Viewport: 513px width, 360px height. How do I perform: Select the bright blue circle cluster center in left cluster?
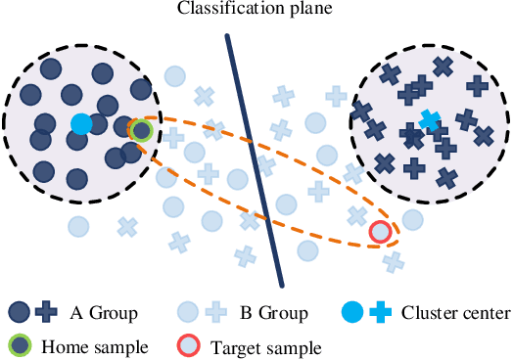tap(81, 124)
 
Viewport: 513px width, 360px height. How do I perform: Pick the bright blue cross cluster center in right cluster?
tap(428, 119)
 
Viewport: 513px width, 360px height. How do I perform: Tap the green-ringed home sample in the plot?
tap(141, 129)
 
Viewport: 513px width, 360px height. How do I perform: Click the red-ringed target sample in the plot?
tap(380, 232)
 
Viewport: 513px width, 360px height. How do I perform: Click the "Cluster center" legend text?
tap(460, 314)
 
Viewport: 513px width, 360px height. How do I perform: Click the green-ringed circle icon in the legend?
tap(19, 344)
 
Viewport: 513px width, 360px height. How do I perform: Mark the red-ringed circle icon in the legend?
tap(188, 344)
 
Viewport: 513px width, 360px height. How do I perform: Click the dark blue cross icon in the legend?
tap(45, 313)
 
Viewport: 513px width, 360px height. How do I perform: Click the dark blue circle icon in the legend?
tap(19, 313)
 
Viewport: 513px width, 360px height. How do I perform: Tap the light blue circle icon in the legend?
tap(189, 313)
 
